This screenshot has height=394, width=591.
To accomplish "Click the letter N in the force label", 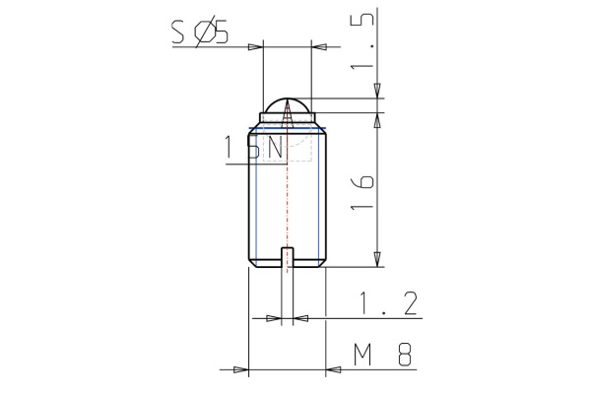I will pos(275,149).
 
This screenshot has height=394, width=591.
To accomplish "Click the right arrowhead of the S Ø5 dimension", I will pos(318,46).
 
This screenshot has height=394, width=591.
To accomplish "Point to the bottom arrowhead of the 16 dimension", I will pos(377,259).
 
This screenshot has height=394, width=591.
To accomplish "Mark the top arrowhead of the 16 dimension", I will pos(377,118).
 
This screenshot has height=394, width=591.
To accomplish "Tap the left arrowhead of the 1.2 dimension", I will pos(274,318).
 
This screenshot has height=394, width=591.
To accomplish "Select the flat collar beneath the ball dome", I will pos(287,118).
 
